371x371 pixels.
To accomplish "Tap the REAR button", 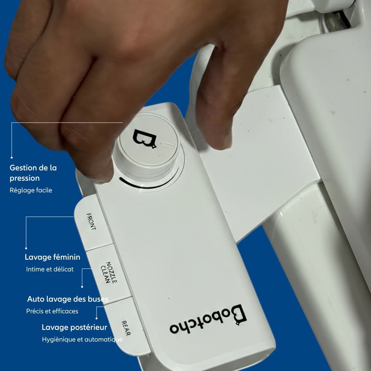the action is coord(126,328).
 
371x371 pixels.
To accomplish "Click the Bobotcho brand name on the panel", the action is coord(208,319).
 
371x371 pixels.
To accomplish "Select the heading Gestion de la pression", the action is coord(33,173).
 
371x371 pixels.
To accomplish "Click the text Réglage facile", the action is coord(31,190).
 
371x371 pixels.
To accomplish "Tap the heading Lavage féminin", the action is coord(53,257).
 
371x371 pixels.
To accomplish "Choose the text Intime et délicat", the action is coord(50,269).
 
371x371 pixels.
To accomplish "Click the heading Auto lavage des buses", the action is coord(68,299).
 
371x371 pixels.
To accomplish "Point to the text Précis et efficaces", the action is coord(52,311).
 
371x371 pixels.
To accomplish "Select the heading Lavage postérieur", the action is coord(75,327).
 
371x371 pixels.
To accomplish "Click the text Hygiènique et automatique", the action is coord(82,339).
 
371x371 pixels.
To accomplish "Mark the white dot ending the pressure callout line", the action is coord(12,158).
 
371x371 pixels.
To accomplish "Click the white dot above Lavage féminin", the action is coord(26,248).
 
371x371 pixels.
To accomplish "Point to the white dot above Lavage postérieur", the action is coord(97,318).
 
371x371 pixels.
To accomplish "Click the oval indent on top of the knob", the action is coord(168,145).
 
